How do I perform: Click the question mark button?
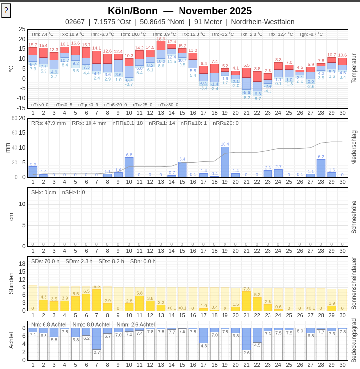6,10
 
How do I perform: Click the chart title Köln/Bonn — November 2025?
180,11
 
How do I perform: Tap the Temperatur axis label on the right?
354,68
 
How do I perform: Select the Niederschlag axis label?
354,147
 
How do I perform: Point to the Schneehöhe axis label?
354,216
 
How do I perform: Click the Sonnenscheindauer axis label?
354,283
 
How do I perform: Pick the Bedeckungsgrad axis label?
354,340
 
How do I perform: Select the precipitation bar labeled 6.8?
129,167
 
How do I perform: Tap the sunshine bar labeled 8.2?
97,300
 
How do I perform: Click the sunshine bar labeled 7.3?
246,301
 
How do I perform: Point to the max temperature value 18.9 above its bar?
161,39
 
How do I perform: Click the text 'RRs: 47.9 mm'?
48,123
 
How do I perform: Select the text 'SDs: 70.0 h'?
45,261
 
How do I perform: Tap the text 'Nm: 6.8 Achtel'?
49,324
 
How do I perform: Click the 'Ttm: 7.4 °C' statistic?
43,34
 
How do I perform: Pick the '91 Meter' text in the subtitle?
208,22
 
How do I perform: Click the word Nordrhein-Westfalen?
263,22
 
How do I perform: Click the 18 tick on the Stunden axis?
22,264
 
